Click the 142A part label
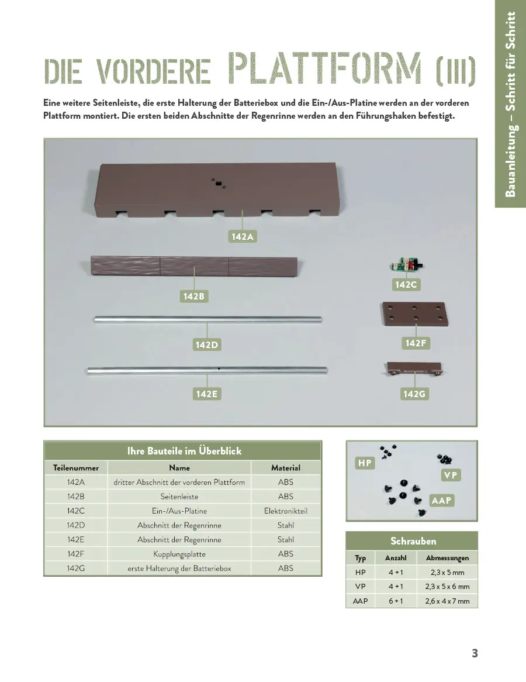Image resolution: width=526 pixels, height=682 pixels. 242,236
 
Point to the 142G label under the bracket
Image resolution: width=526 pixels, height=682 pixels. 414,394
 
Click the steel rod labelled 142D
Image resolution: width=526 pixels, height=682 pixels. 208,319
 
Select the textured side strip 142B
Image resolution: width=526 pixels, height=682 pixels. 195,267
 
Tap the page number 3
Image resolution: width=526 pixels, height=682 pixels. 475,653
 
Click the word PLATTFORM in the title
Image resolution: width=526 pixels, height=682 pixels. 325,69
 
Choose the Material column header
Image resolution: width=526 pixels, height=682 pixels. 285,468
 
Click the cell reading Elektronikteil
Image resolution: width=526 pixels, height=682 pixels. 285,511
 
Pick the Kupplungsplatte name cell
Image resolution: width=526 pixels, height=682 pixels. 179,554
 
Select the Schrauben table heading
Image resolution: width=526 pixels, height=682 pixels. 413,541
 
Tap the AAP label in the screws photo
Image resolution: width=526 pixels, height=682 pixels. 441,501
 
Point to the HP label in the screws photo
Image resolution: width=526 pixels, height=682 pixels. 365,463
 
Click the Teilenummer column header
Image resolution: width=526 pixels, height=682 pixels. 76,468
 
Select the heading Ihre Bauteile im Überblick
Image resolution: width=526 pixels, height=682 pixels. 184,451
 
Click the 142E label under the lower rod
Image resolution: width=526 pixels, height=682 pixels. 206,394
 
